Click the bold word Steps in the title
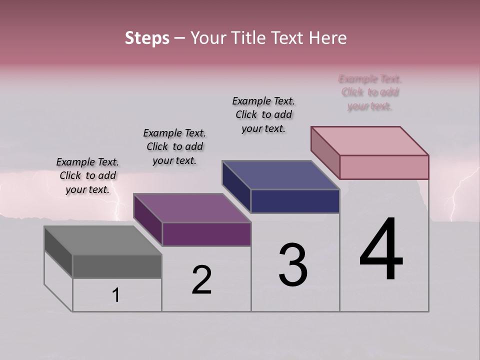click(147, 38)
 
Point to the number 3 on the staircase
click(293, 264)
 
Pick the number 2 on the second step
click(201, 280)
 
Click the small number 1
click(115, 295)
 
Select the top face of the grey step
click(102, 240)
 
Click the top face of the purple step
click(192, 208)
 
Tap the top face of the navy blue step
click(281, 175)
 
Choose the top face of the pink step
click(370, 141)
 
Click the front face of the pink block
click(384, 167)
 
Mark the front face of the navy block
click(295, 201)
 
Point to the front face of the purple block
click(206, 234)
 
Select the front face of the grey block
click(117, 266)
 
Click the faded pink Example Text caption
click(370, 92)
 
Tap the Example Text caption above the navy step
click(263, 114)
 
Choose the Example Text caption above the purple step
click(174, 146)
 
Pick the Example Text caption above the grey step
click(87, 175)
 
